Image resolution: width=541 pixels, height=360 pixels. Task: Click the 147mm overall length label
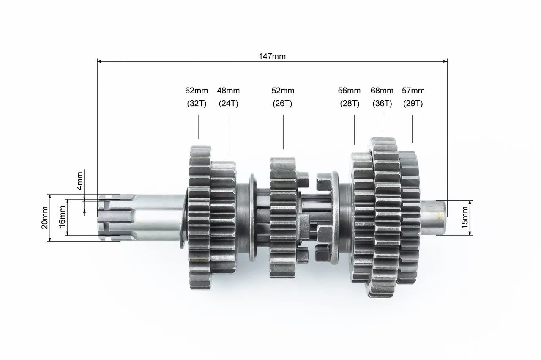272,56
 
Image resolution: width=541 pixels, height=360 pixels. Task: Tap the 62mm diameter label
197,91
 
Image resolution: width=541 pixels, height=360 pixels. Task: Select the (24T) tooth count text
229,104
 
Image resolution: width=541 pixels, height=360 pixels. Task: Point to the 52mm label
283,91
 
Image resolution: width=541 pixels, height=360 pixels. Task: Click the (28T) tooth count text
350,104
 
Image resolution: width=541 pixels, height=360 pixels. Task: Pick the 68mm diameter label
382,91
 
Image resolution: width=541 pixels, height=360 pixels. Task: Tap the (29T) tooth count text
413,104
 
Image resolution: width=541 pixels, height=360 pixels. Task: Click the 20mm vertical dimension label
45,217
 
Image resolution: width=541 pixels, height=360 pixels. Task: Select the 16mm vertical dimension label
62,217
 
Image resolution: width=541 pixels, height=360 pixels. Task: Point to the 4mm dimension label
79,181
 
